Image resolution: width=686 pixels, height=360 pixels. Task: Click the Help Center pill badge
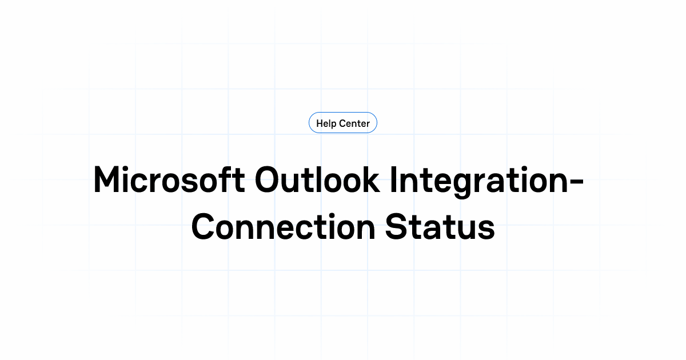[x=343, y=123]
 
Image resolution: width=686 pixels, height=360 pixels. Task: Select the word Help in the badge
[x=326, y=123]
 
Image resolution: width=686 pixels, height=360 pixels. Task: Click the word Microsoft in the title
[x=169, y=179]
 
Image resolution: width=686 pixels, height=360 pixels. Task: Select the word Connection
[x=282, y=227]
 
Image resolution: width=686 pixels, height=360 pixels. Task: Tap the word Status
[x=439, y=227]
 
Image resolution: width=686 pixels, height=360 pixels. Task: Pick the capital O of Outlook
[x=269, y=179]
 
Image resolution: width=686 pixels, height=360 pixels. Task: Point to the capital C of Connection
[x=205, y=227]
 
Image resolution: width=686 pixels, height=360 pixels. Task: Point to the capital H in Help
[x=320, y=123]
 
